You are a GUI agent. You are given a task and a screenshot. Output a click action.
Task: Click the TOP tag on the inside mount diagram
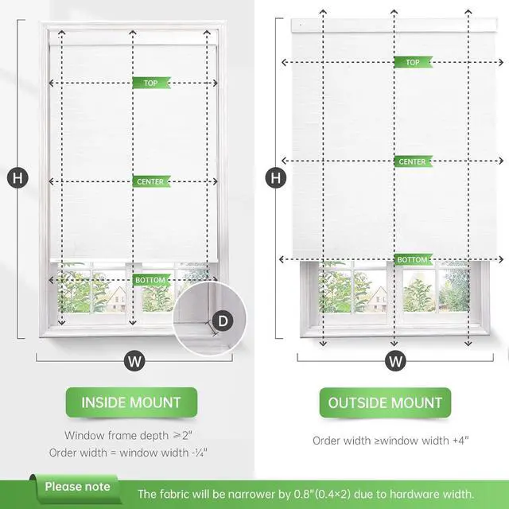click(150, 83)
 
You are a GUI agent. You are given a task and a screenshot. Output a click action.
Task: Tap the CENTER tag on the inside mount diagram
click(150, 182)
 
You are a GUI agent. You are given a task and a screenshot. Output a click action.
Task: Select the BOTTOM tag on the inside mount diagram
click(150, 281)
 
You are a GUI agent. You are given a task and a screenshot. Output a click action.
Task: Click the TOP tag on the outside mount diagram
click(413, 62)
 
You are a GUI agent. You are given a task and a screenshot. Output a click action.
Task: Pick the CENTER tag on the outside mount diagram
click(413, 161)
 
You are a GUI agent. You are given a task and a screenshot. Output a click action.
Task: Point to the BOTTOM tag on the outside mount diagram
click(413, 260)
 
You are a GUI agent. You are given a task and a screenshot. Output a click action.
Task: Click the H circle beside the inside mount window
click(17, 178)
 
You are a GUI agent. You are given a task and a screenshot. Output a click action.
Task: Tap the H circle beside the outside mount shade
click(276, 178)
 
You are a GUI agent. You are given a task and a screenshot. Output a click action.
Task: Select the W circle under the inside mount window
click(134, 361)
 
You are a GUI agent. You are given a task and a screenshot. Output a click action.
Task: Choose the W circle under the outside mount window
click(395, 361)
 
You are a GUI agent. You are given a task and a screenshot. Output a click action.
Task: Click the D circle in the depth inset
click(223, 321)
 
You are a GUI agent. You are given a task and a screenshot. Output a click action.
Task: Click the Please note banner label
click(77, 486)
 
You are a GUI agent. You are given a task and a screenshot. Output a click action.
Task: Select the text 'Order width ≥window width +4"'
click(390, 440)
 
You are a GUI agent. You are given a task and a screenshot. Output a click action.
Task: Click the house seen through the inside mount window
click(116, 298)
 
